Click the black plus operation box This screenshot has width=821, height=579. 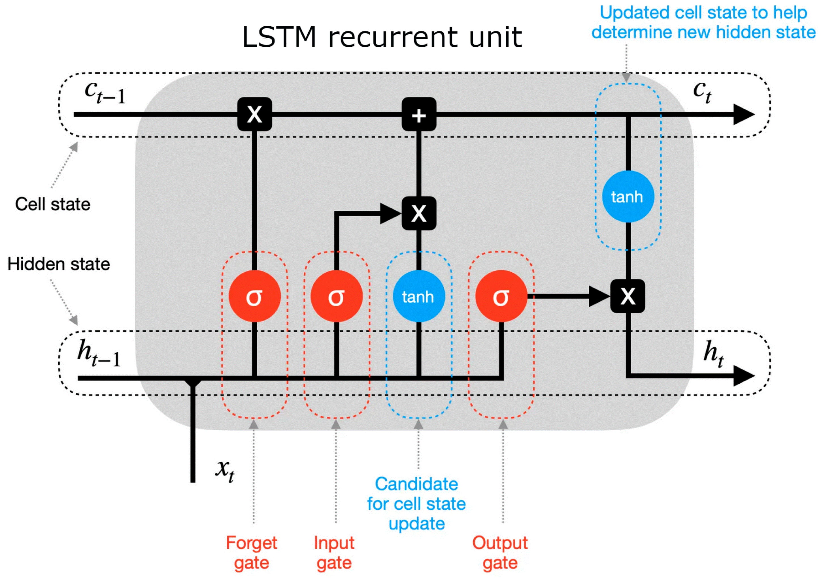419,114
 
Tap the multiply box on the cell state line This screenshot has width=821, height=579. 255,114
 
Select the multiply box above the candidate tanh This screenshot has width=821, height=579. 419,213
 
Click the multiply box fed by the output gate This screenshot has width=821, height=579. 628,296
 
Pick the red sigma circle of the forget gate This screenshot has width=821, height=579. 255,296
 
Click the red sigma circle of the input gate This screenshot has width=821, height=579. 337,296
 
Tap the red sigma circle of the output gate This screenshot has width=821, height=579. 501,296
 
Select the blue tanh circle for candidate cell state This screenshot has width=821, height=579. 419,296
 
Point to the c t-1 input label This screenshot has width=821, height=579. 105,92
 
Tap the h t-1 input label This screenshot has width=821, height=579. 99,353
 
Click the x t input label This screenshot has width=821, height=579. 225,470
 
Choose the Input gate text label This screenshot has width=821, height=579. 334,553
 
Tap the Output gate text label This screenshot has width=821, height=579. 500,553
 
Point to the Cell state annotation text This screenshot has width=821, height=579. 53,204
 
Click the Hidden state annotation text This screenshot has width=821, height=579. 59,264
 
